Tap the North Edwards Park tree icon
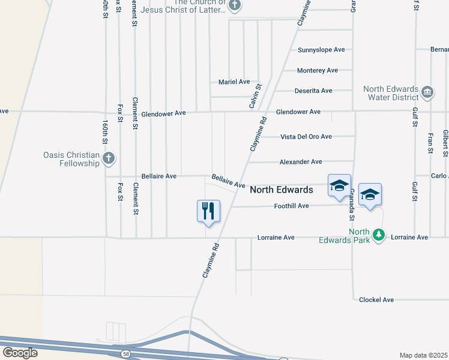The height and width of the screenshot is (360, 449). [378, 235]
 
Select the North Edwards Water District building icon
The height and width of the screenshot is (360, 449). [427, 91]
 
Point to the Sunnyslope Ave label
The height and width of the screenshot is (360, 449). [322, 50]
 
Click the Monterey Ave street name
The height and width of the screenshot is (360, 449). [318, 70]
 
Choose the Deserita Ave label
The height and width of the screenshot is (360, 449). [313, 91]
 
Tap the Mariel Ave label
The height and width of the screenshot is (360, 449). [234, 82]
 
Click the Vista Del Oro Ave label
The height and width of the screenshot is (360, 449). [306, 137]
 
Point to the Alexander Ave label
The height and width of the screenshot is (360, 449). [301, 162]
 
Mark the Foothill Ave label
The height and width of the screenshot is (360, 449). [291, 206]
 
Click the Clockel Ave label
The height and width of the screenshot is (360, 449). [376, 299]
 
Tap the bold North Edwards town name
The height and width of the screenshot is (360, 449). [281, 190]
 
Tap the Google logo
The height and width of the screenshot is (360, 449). [20, 352]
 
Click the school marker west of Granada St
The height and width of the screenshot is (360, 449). [339, 185]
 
